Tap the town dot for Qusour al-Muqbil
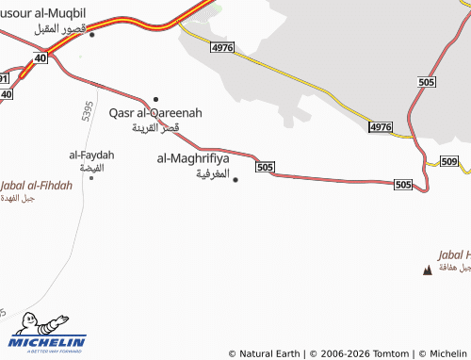[x=91, y=35]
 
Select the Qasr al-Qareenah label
[x=155, y=112]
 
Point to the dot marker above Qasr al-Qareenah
[x=155, y=99]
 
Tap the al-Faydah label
[x=91, y=154]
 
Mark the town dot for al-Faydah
[x=91, y=177]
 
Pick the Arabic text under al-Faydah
[x=92, y=167]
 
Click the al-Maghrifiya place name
[x=194, y=158]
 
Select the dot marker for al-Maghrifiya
[x=235, y=179]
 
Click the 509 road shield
[x=448, y=162]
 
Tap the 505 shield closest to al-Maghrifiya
[x=265, y=167]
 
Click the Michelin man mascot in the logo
[x=27, y=324]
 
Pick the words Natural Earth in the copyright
[x=269, y=353]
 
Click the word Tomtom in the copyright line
[x=391, y=353]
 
